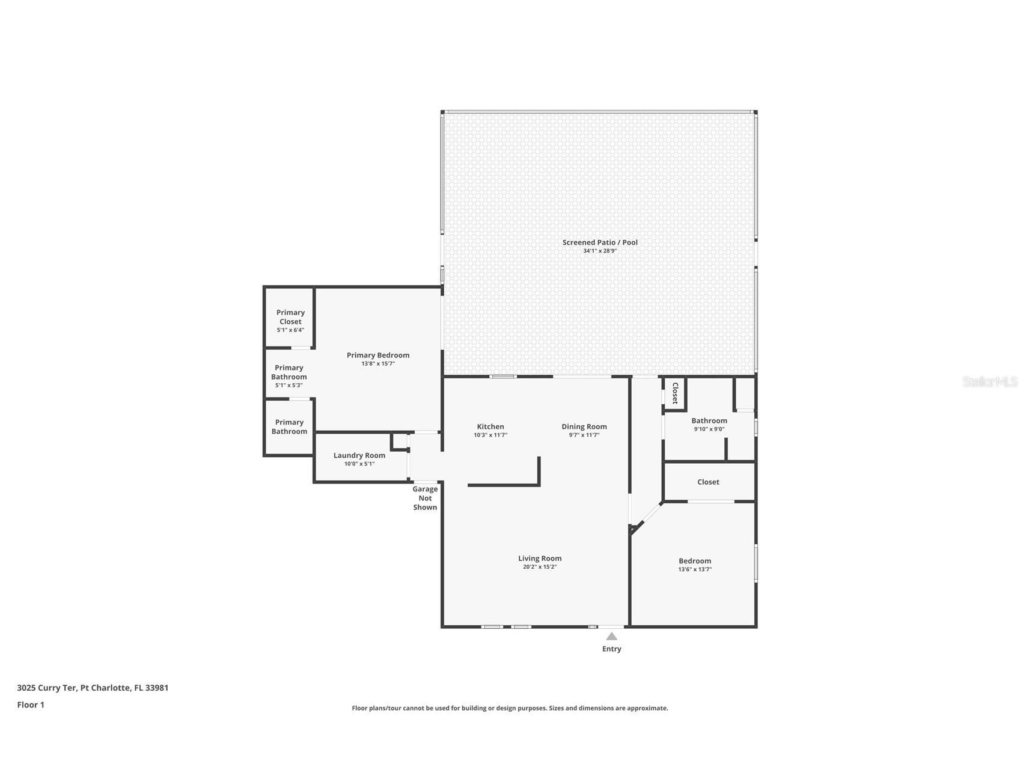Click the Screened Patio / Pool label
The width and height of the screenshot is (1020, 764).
tap(599, 242)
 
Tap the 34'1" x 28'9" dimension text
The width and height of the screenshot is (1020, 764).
tap(599, 251)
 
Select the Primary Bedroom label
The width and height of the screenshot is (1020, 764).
tap(377, 355)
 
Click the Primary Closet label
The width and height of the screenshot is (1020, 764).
tap(290, 317)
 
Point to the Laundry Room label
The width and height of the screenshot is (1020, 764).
tap(359, 455)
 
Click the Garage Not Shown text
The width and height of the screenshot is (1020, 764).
tap(425, 498)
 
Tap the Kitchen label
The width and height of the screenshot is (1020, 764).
tap(490, 426)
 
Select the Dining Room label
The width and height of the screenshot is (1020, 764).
tap(584, 426)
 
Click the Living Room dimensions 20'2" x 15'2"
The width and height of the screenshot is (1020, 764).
tap(539, 567)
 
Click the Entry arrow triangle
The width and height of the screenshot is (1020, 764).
tap(611, 637)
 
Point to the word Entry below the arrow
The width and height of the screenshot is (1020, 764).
tap(611, 649)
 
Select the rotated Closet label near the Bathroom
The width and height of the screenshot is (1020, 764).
tap(675, 393)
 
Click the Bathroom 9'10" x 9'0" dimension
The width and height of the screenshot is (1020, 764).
tap(709, 429)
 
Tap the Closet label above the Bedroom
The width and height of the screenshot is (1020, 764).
tap(708, 482)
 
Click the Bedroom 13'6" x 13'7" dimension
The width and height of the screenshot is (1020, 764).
tap(694, 569)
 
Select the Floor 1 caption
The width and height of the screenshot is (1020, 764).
tap(31, 705)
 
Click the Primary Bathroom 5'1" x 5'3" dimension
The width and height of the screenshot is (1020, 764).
tap(289, 386)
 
